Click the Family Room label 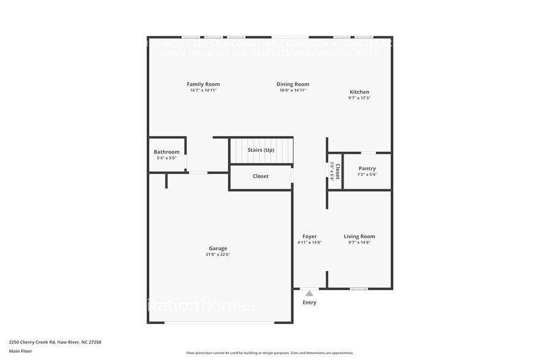click(203, 84)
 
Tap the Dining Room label click(293, 84)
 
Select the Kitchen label click(359, 92)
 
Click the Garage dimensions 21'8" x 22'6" click(219, 255)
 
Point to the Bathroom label click(167, 152)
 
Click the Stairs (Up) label click(261, 149)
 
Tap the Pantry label click(367, 168)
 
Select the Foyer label click(309, 236)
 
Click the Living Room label click(359, 236)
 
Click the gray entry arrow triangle click(309, 293)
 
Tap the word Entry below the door click(310, 302)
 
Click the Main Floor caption click(20, 351)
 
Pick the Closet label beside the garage click(261, 176)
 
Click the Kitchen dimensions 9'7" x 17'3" click(359, 98)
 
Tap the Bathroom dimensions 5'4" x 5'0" click(167, 159)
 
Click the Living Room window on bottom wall click(359, 288)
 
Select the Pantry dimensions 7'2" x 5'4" click(367, 174)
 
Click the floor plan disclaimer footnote click(270, 353)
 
